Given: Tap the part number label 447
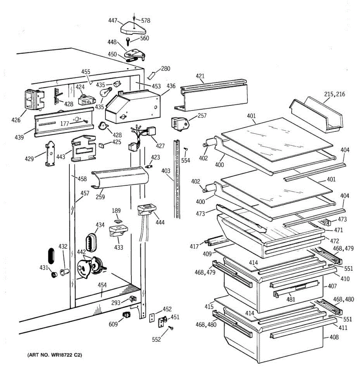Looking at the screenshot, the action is [x=113, y=20].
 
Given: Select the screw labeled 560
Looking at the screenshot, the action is [x=127, y=42].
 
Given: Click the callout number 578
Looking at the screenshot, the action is [x=146, y=20].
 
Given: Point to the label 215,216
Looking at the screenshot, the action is [x=334, y=94].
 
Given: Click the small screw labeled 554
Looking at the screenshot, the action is [x=186, y=149].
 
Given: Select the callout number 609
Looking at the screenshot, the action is [x=113, y=324].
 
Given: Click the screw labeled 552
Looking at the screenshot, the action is [x=171, y=328].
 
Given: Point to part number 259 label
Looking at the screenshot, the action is [x=100, y=197].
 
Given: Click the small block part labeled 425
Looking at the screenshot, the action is [x=101, y=145].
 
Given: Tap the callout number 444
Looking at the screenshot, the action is [x=160, y=222].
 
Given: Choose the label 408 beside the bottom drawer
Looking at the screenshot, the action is [x=334, y=337].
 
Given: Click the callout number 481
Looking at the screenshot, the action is [x=291, y=300].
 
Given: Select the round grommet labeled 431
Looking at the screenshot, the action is [x=54, y=274].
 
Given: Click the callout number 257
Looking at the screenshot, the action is [x=202, y=116].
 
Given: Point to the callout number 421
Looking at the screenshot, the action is [x=200, y=76].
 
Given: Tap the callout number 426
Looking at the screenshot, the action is [x=16, y=120].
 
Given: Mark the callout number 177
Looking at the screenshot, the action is [x=65, y=123].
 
